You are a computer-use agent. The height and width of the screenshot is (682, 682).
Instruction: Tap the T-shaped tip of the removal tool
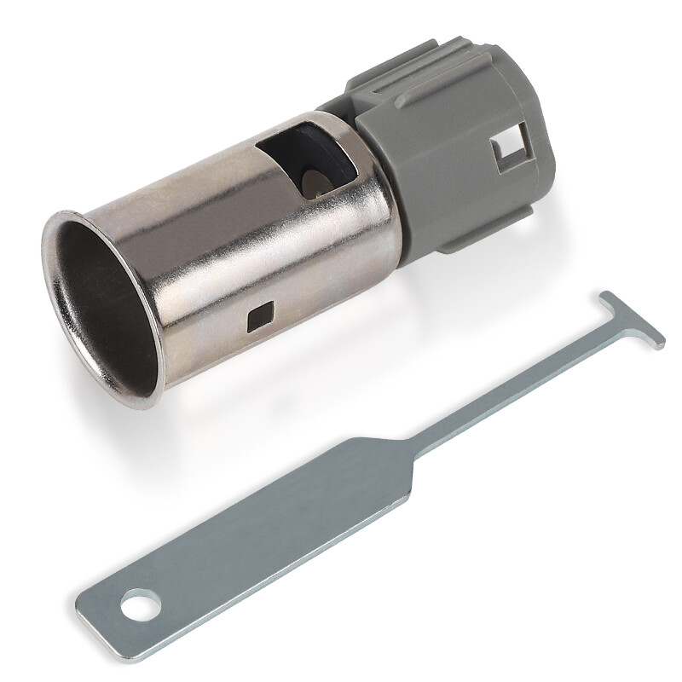[631, 319]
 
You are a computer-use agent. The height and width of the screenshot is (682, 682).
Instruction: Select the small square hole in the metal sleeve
[255, 320]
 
